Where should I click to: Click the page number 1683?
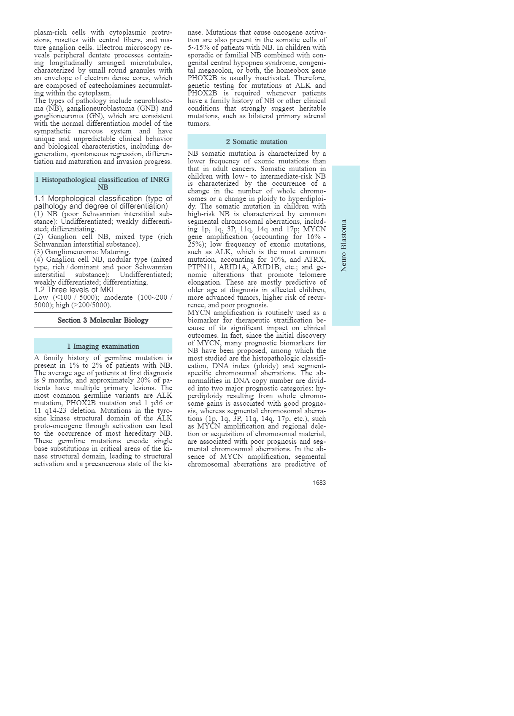coord(319,483)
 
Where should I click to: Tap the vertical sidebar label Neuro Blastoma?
coord(344,245)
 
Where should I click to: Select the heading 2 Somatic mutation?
coord(257,142)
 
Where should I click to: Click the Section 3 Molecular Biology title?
coord(103,320)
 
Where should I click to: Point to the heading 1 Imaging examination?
coord(103,346)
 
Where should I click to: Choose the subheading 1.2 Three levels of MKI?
coord(74,290)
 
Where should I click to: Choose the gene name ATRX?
coord(315,259)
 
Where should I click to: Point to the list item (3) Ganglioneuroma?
coord(68,252)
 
